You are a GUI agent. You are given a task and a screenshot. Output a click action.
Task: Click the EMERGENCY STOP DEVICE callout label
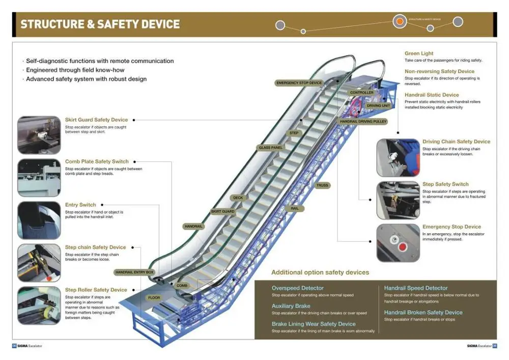point(299,82)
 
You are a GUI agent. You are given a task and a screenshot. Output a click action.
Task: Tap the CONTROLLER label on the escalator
point(361,93)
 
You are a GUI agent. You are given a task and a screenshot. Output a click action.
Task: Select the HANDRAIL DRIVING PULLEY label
point(363,122)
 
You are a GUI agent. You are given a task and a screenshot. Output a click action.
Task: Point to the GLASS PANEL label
point(270,148)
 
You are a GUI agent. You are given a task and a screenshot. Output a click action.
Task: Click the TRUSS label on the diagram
point(322,185)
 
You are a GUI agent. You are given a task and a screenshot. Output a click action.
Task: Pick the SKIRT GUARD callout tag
point(222,211)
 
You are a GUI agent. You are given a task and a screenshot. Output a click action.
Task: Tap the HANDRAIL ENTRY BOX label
point(134,272)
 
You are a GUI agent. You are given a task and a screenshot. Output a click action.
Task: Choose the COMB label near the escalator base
point(182,286)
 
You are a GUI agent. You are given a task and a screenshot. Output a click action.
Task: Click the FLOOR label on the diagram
point(154,297)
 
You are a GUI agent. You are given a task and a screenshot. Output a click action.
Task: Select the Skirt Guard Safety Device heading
point(96,120)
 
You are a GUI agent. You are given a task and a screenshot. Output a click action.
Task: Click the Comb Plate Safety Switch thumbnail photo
point(39,178)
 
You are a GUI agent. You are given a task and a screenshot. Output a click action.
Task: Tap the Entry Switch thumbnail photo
point(39,220)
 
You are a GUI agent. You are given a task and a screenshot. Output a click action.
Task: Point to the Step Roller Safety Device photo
point(39,306)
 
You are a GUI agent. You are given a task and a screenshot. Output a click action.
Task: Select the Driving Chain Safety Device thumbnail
point(398,158)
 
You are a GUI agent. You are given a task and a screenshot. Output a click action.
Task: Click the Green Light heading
point(419,53)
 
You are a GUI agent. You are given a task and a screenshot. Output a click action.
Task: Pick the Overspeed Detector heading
point(297,288)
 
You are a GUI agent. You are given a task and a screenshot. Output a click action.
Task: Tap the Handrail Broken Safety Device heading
point(423,313)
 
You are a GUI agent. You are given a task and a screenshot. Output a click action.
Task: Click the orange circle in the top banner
point(400,21)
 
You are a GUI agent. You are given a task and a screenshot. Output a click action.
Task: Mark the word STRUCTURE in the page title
point(53,24)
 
